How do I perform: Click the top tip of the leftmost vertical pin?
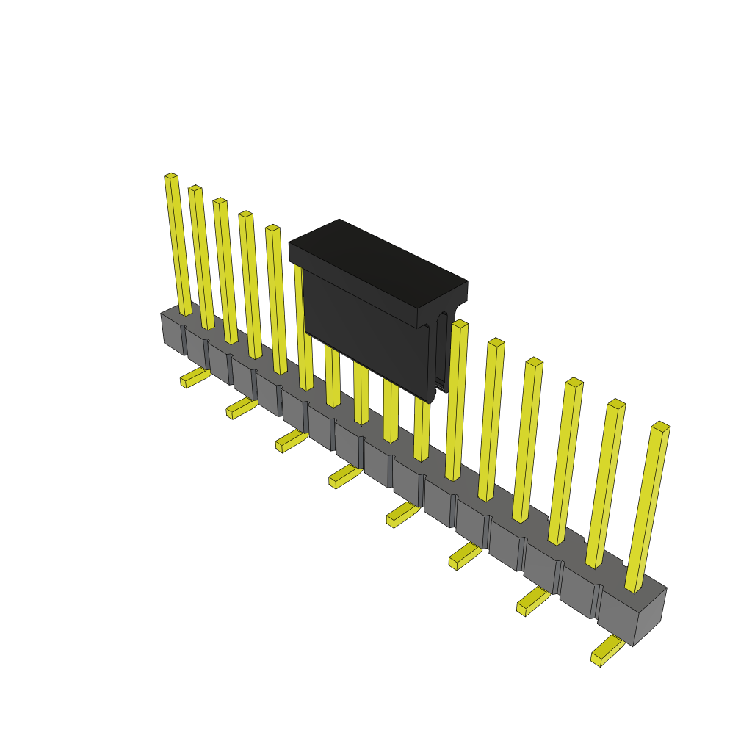[x=170, y=176]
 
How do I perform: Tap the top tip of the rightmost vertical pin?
[x=660, y=426]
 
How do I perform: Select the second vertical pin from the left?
[x=201, y=257]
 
